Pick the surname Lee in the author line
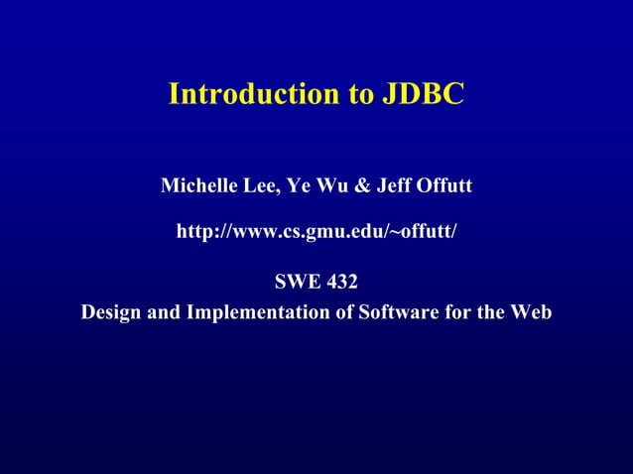[x=253, y=185]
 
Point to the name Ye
[x=298, y=185]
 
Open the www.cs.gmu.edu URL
[x=316, y=232]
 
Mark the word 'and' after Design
[x=162, y=312]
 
